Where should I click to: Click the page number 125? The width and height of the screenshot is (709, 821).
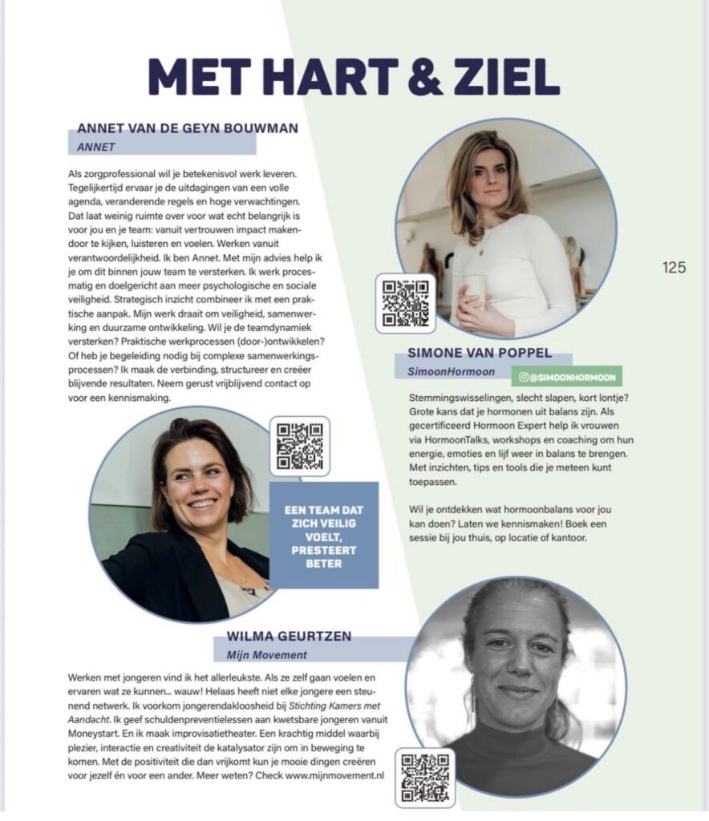tap(674, 268)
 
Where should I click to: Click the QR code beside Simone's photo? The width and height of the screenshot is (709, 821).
tap(406, 303)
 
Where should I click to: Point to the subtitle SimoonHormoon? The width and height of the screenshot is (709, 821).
tap(441, 372)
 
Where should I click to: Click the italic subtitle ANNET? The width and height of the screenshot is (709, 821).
tap(97, 147)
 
